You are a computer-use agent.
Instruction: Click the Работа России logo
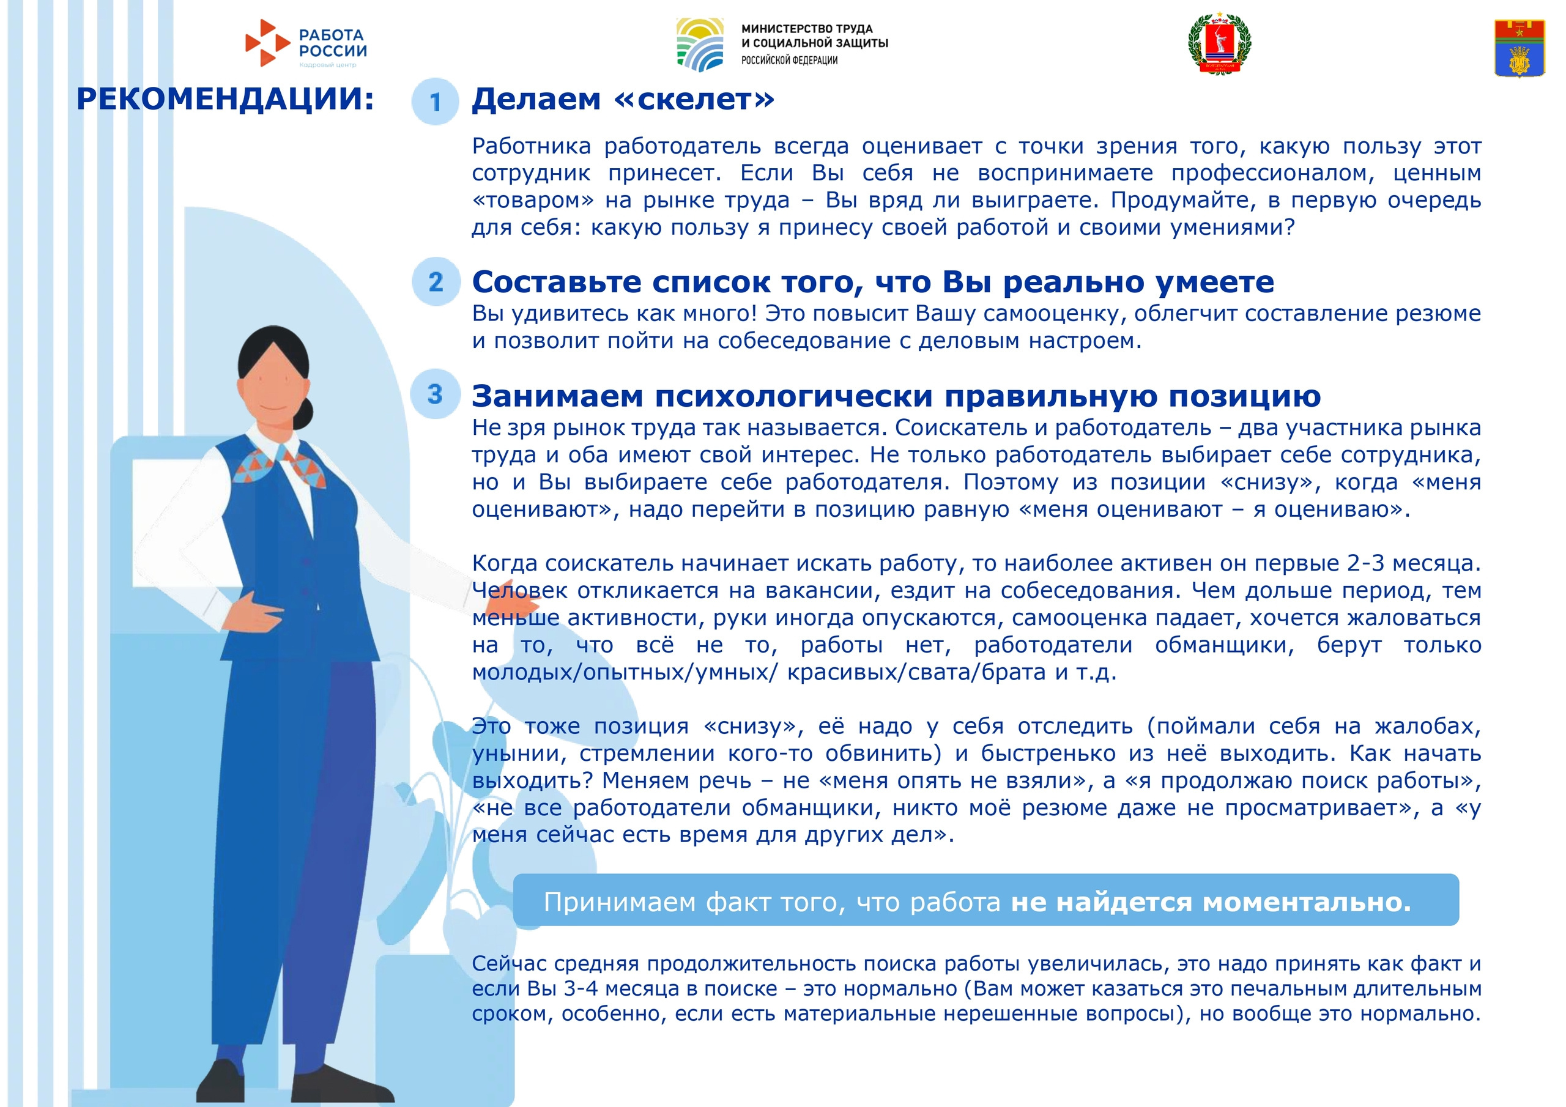click(x=306, y=43)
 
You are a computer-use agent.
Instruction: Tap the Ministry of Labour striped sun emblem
click(x=700, y=44)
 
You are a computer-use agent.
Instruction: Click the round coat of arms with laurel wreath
click(x=1220, y=42)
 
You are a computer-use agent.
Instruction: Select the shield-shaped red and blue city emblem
click(x=1520, y=47)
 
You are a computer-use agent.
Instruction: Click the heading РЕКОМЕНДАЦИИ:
click(x=225, y=99)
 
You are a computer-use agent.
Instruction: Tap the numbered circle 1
click(x=435, y=102)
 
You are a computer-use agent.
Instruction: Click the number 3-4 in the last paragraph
click(x=581, y=988)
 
